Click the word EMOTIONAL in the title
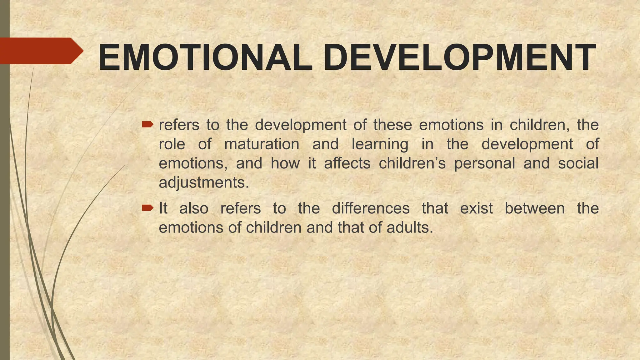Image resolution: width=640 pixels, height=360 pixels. [205, 58]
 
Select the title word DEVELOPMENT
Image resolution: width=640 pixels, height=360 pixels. [459, 58]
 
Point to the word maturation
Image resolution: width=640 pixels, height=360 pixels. [262, 144]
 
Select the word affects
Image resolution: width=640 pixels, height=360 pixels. [347, 163]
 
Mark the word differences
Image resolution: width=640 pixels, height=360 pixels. [371, 208]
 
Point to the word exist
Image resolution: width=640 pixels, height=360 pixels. [477, 208]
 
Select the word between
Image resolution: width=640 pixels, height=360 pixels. [535, 208]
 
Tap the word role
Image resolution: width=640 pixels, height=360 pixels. [172, 144]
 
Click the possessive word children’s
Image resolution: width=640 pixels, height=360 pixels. [412, 163]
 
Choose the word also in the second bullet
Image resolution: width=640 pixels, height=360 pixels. [194, 208]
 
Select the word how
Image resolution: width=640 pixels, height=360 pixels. [285, 163]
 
